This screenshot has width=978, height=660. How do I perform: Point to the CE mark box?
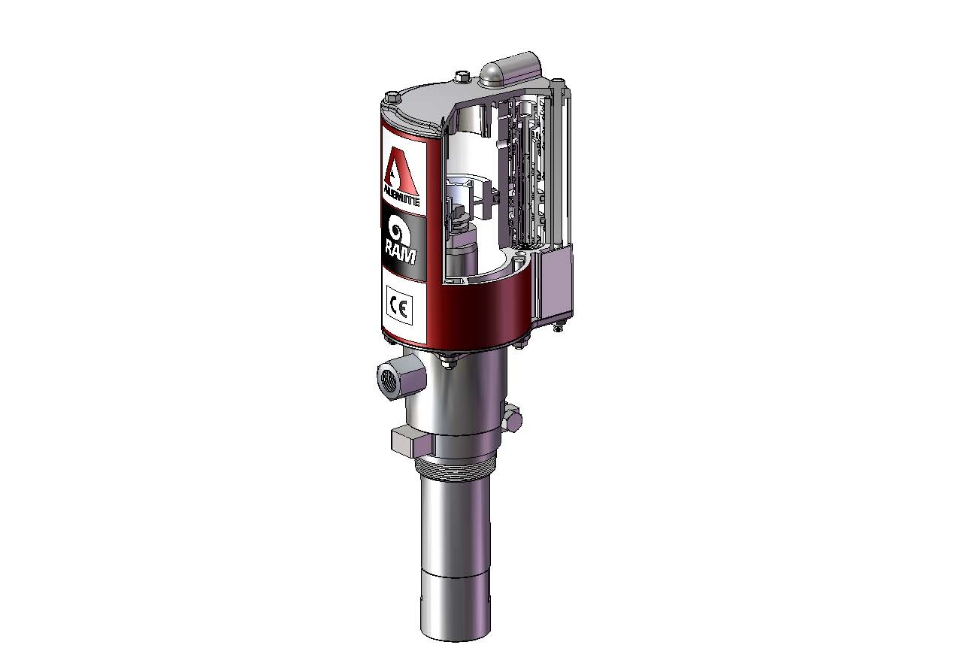click(399, 309)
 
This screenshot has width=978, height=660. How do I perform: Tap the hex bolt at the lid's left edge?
click(391, 96)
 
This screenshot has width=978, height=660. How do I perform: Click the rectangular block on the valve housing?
click(556, 282)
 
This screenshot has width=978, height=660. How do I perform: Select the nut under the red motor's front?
click(448, 365)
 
